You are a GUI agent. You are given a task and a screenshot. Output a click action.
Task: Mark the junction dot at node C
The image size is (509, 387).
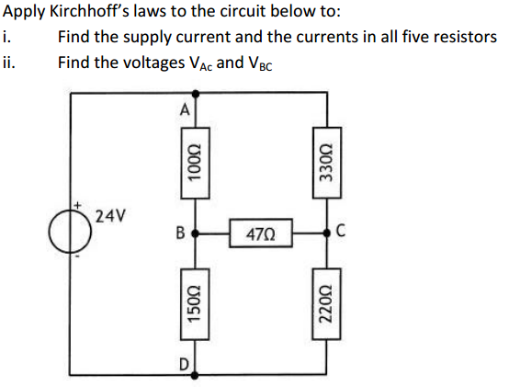pos(325,233)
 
